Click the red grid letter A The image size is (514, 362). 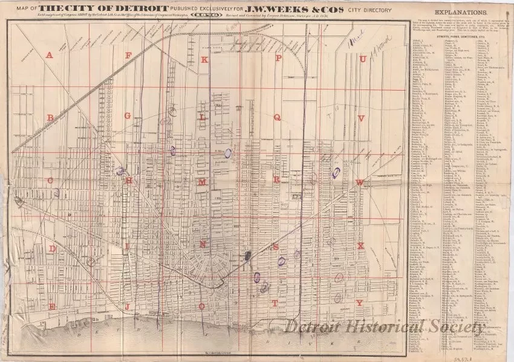click(x=50, y=55)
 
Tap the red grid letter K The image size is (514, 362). click(x=204, y=59)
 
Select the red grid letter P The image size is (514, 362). click(x=279, y=59)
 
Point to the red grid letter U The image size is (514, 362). click(x=363, y=59)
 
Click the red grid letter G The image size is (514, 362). click(x=128, y=115)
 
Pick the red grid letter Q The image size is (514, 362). click(x=277, y=118)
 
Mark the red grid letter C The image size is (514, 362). click(x=51, y=180)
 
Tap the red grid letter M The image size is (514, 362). click(x=203, y=182)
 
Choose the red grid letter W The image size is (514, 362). click(x=360, y=182)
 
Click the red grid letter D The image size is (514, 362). click(x=53, y=248)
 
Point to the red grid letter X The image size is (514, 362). click(x=361, y=246)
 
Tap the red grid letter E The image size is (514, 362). click(x=53, y=307)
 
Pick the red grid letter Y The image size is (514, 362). click(x=360, y=303)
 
